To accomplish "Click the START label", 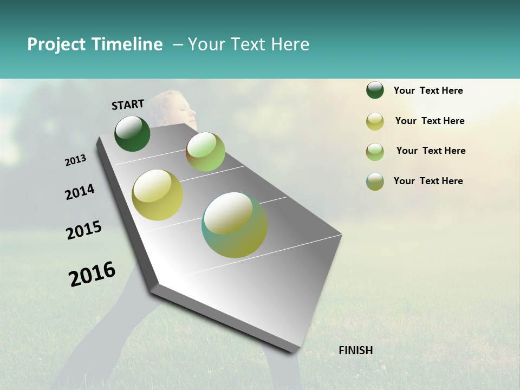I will [128, 105].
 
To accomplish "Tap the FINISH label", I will [356, 350].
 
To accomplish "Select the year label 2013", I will [76, 160].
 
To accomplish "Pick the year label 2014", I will [80, 192].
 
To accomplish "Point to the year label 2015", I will [84, 230].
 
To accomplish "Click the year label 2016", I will [92, 274].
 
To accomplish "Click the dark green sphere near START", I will [132, 133].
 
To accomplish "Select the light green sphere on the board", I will [205, 152].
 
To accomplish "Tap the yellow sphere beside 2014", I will [158, 195].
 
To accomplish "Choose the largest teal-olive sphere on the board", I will [235, 225].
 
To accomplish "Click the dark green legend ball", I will [375, 90].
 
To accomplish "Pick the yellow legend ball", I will [375, 121].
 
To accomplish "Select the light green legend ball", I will [375, 152].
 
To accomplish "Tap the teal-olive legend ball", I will [375, 181].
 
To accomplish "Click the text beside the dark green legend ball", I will [428, 90].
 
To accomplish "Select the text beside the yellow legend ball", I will [430, 121].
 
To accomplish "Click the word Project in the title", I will [56, 44].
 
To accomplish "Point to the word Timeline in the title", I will [126, 44].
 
